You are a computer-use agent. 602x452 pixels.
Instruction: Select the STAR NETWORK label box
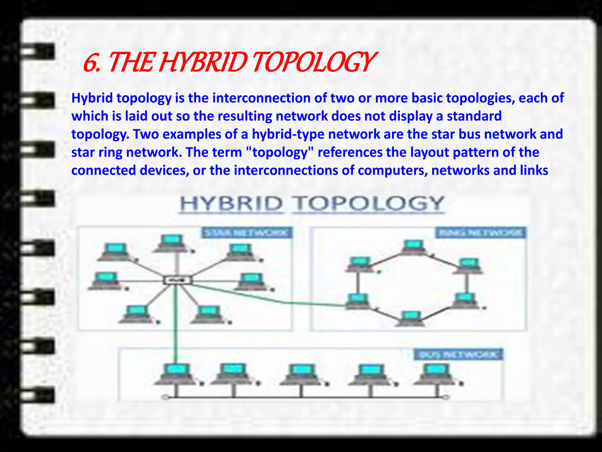tap(246, 233)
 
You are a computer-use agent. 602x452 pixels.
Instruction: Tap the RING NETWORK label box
tap(480, 233)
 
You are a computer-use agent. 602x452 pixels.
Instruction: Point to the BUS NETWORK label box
tap(459, 354)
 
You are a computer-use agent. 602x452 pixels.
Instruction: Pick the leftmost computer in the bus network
tap(176, 374)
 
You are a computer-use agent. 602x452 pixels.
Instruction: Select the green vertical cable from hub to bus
tap(176, 324)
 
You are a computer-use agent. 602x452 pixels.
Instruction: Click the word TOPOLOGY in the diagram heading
tap(369, 204)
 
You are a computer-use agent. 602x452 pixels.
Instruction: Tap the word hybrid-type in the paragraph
tap(288, 134)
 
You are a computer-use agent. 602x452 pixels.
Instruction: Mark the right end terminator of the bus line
tap(446, 398)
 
